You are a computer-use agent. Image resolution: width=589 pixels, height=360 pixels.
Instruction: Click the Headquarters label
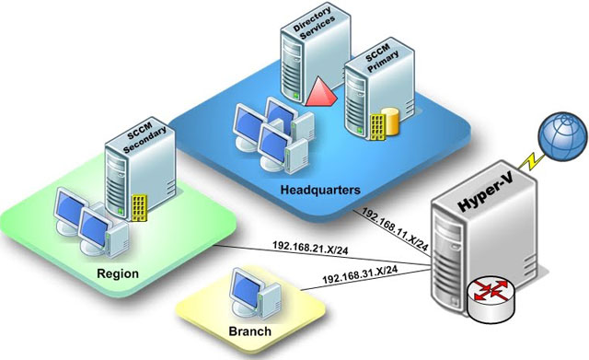[x=320, y=190]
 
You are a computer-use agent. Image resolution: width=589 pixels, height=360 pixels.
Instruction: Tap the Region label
[x=118, y=273]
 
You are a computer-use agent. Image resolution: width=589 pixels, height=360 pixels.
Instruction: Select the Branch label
[x=249, y=331]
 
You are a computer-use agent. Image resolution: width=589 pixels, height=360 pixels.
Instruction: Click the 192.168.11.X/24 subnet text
[x=395, y=229]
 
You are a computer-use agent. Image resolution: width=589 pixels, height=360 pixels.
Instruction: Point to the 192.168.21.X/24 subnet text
[x=310, y=248]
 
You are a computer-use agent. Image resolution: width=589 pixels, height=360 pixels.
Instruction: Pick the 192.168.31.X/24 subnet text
[x=360, y=275]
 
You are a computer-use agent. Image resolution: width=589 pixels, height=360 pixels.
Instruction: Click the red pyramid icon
[x=321, y=92]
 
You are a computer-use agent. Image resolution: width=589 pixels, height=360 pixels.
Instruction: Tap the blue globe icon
[x=562, y=136]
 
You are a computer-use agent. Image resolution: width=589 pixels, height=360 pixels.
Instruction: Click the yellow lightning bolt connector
[x=531, y=161]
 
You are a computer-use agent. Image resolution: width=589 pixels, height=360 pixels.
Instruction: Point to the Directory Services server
[x=316, y=52]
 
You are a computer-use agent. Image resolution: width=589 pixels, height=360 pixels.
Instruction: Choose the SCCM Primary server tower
[x=379, y=87]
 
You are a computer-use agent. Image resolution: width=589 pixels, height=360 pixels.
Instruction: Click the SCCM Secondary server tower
[x=140, y=169]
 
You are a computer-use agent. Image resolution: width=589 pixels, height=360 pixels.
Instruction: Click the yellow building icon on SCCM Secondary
[x=139, y=208]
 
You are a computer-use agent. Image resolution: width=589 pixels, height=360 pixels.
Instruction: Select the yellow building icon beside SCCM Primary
[x=377, y=127]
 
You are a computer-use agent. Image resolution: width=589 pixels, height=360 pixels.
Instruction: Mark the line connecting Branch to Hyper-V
[x=365, y=279]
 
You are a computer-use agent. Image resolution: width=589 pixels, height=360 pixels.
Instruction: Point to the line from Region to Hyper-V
[x=323, y=255]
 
